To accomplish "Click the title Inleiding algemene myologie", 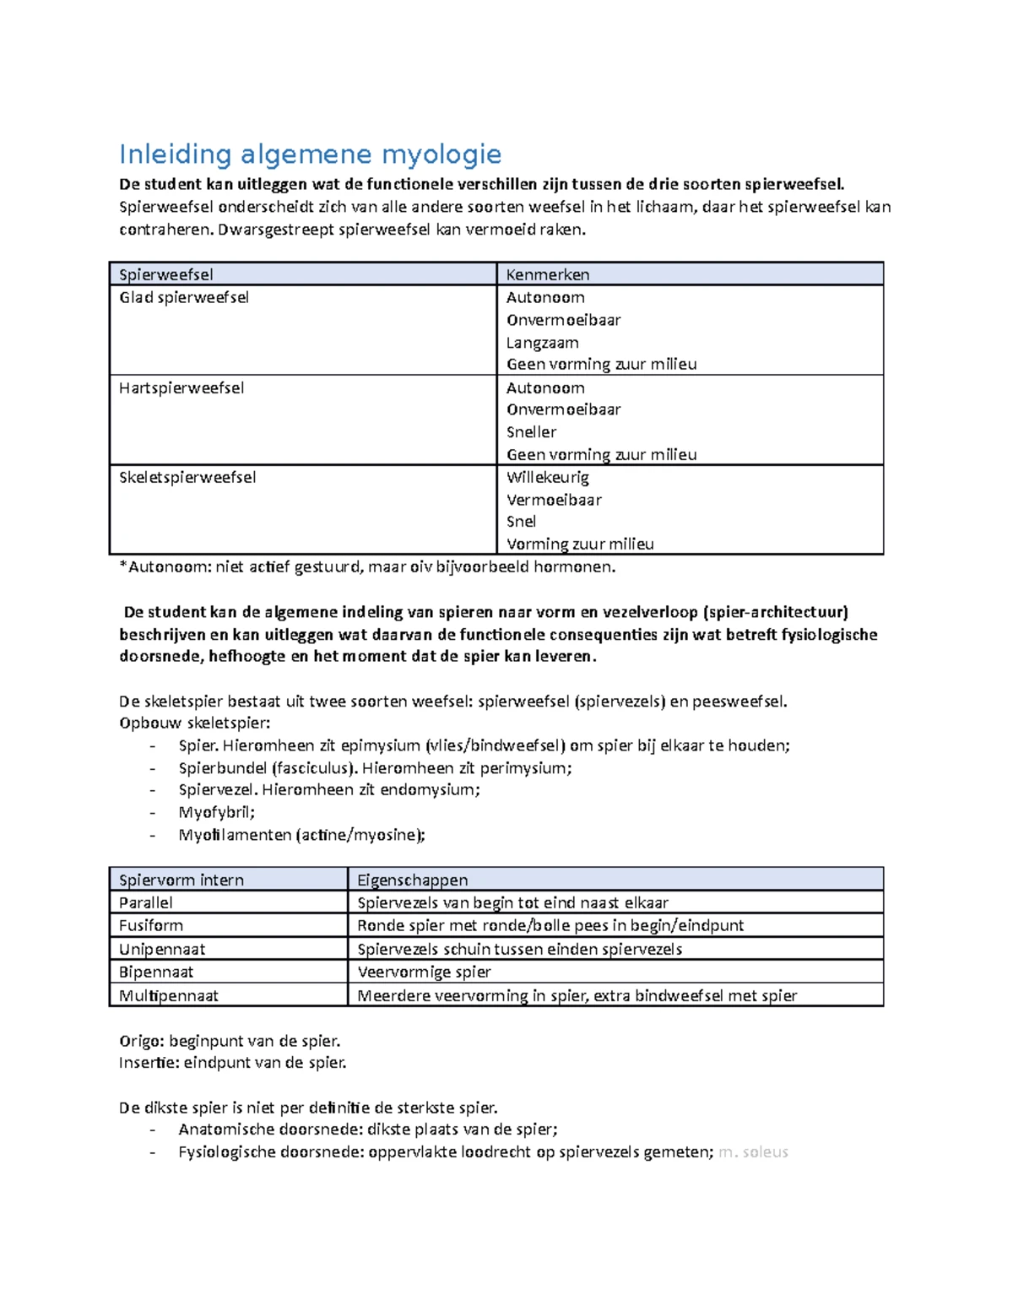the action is (310, 154).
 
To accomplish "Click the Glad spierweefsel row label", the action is (184, 297).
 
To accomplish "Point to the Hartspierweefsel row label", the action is (181, 387).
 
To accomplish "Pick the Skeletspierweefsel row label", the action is (187, 477).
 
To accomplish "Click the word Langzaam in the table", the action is (543, 342).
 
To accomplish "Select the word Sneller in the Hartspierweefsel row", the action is (531, 431).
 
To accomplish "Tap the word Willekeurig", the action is (548, 477).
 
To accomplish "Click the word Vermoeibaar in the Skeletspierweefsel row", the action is (554, 500).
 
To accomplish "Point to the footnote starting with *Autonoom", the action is (367, 566).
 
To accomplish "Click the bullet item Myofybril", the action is (216, 812).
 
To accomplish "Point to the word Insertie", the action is (147, 1062).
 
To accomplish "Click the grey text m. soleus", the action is (753, 1151).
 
